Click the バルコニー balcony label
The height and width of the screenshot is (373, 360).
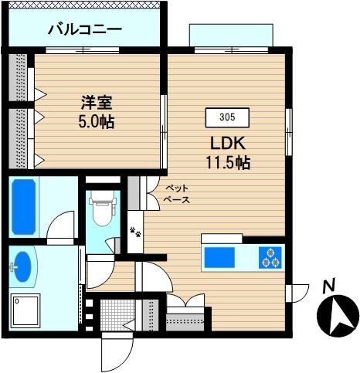tap(85, 30)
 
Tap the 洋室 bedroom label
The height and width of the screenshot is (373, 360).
tap(97, 103)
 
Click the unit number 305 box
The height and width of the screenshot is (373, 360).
tap(227, 117)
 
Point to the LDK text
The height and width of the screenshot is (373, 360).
tap(228, 144)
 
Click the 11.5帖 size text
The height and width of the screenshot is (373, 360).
tap(228, 163)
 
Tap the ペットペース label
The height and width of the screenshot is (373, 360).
tap(178, 194)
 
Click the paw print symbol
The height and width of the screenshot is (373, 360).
tap(135, 232)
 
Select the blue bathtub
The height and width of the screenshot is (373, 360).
tap(24, 207)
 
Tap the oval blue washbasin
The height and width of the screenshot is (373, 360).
tap(22, 266)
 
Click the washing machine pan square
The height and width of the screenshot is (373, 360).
tap(25, 310)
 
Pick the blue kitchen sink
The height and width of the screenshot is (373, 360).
tap(219, 257)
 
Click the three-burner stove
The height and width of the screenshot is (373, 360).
tap(270, 257)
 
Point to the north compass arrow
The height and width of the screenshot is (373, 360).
tap(338, 315)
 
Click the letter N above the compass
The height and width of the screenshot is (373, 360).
tap(329, 285)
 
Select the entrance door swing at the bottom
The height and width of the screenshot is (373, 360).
tap(117, 352)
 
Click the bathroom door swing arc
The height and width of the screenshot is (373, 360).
tap(60, 225)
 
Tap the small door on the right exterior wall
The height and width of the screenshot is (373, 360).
tap(297, 293)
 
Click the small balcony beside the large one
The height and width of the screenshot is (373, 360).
tap(231, 36)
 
